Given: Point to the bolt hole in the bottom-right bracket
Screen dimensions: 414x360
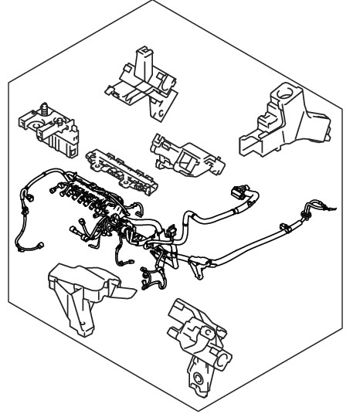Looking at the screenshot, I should click(199, 379).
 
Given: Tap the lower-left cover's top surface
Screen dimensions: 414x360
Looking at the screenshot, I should click(77, 274).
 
